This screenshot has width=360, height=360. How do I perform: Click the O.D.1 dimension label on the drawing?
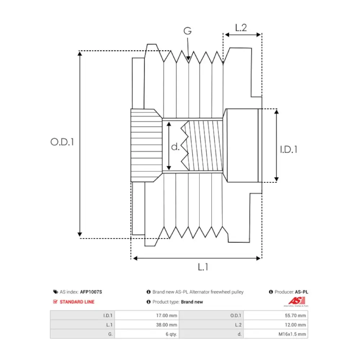[x=62, y=142]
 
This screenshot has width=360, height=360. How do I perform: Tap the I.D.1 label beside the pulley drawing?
[x=289, y=149]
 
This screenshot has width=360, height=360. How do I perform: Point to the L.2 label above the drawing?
[x=241, y=28]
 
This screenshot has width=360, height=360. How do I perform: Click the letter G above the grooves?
[x=187, y=31]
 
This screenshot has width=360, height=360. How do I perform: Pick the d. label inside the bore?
[x=175, y=147]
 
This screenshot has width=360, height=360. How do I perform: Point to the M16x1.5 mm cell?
[x=294, y=334]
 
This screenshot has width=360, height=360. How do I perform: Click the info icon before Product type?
[x=148, y=302]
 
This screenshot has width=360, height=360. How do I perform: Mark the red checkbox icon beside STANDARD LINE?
[x=55, y=302]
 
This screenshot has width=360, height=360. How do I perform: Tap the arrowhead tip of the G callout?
[x=188, y=59]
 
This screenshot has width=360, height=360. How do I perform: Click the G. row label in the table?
[x=110, y=334]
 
